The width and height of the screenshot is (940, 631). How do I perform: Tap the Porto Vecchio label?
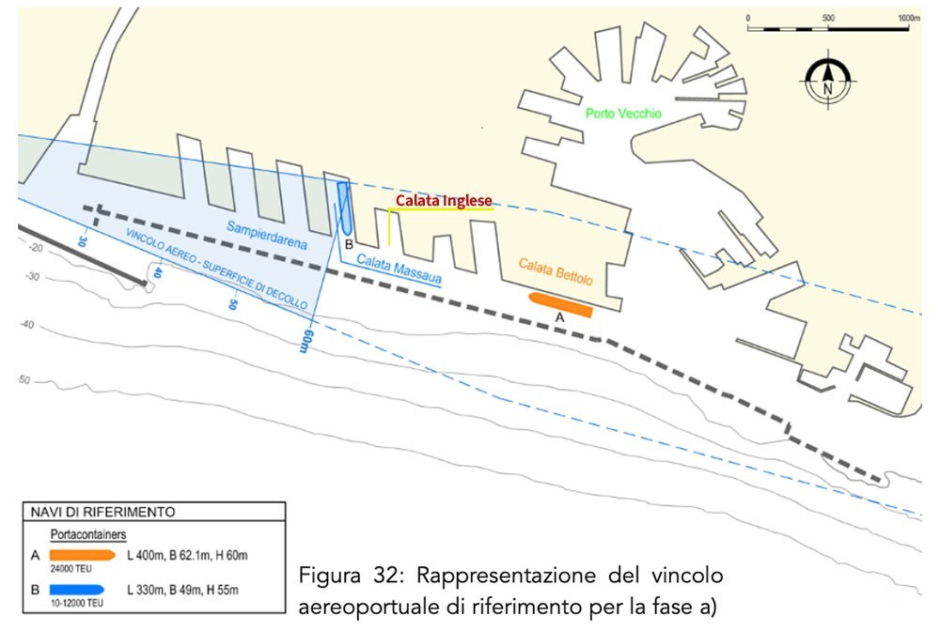click(623, 114)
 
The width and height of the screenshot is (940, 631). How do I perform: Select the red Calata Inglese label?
click(444, 201)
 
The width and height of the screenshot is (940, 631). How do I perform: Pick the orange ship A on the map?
click(560, 304)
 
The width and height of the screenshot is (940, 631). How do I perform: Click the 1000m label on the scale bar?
click(908, 18)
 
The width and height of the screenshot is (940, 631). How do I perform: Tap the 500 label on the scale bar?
click(828, 18)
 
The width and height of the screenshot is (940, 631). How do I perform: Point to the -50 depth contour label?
click(23, 379)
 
